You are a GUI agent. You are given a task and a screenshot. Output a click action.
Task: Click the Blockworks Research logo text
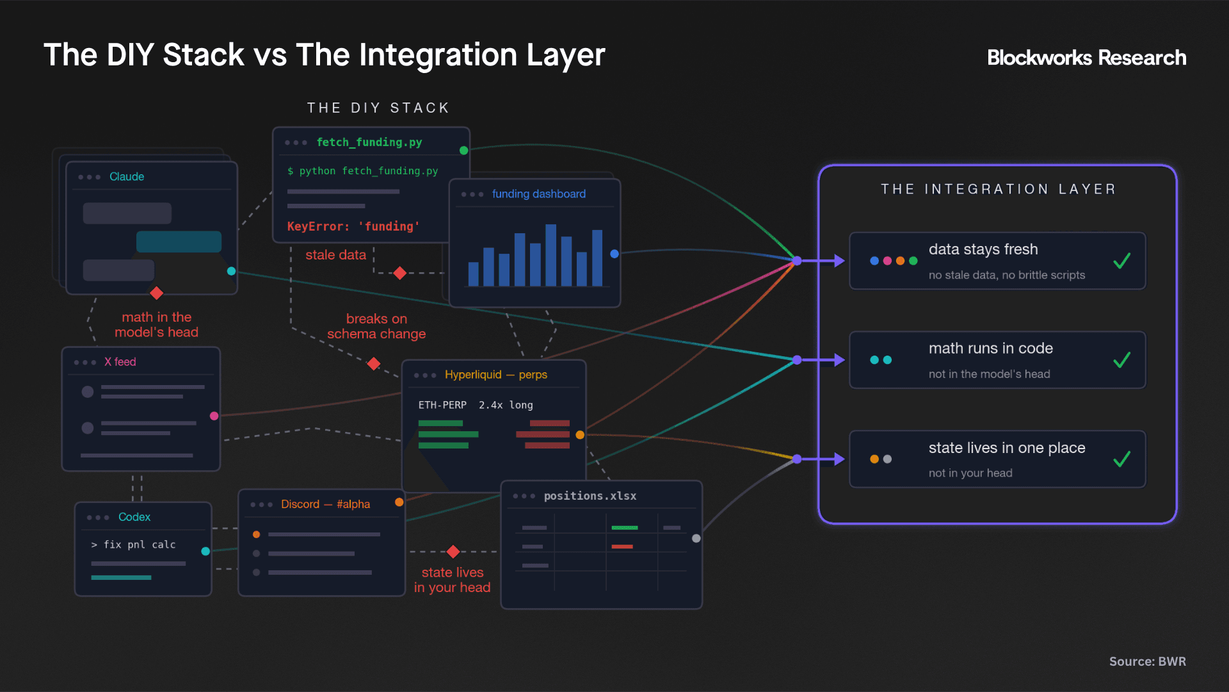[x=1086, y=58]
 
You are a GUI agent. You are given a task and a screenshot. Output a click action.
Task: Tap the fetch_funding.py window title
[x=369, y=142]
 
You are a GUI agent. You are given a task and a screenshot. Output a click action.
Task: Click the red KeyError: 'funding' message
[x=353, y=226]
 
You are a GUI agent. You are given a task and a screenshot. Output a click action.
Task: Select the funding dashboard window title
[x=539, y=194]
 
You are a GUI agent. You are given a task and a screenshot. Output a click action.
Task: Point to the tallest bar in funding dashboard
[x=550, y=255]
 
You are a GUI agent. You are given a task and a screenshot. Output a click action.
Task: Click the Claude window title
[x=127, y=176]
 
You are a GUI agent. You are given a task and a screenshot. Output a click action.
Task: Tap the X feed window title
[x=120, y=362]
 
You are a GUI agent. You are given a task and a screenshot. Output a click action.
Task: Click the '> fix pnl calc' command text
[x=133, y=545]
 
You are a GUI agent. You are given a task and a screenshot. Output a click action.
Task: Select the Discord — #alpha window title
[x=325, y=504]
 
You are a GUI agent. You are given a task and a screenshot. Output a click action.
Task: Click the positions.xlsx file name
[x=590, y=496]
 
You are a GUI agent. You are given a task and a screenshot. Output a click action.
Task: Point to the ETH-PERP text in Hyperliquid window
[x=442, y=405]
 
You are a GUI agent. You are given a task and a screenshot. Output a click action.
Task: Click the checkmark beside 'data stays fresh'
[x=1121, y=261]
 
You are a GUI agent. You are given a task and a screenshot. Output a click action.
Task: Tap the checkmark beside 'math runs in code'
[x=1121, y=360]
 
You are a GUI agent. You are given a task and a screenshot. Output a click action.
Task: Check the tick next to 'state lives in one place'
[x=1121, y=459]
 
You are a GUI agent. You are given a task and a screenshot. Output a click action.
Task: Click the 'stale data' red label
[x=335, y=255]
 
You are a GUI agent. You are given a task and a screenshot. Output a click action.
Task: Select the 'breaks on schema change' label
[x=376, y=326]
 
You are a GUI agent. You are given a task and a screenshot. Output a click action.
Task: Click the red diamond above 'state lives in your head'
[x=453, y=552]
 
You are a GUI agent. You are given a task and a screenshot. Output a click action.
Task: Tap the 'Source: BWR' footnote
[x=1147, y=661]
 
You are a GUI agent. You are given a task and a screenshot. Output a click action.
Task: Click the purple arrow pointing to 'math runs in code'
[x=821, y=360]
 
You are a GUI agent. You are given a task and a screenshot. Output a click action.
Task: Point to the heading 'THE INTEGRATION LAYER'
[x=998, y=189]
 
